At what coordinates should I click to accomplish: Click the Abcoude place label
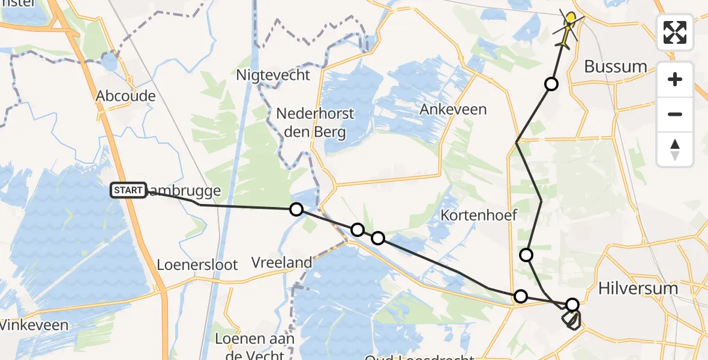125,96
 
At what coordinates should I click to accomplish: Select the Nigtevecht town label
273,75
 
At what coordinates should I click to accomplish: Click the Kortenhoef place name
479,215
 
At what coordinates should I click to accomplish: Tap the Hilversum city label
638,289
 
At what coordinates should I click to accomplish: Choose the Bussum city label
616,66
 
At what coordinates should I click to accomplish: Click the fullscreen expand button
675,32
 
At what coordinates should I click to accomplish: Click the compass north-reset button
675,149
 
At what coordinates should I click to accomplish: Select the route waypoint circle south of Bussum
551,84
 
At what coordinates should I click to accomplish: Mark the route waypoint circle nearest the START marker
296,209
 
